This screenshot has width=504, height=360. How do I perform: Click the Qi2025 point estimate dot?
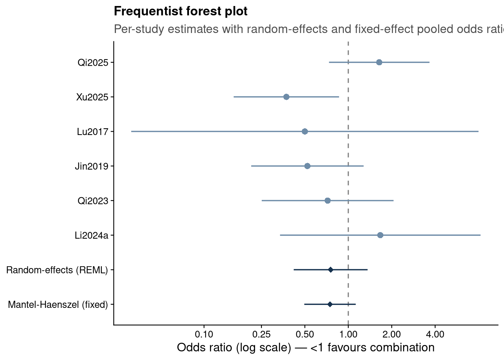[x=379, y=62]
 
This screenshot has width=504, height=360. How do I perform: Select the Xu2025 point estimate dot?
[x=286, y=97]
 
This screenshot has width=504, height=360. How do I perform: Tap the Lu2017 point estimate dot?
[x=304, y=131]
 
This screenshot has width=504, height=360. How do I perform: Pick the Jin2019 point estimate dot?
[x=307, y=166]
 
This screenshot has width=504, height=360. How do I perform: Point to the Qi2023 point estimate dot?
[x=328, y=201]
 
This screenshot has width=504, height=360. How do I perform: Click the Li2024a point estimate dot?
[x=380, y=235]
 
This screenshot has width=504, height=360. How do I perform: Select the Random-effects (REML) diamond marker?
[x=330, y=270]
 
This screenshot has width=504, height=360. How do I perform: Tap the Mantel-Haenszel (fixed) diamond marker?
[x=330, y=304]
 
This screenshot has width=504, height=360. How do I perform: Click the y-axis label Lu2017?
[x=93, y=132]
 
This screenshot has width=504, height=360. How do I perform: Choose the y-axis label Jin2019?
[x=91, y=166]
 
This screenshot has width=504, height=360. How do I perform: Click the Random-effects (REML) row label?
[x=57, y=270]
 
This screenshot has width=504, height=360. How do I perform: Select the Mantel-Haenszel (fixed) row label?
[x=58, y=304]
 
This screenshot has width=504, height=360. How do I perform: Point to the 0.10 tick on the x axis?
[x=204, y=334]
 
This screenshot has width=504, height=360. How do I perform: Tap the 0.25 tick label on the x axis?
[x=261, y=334]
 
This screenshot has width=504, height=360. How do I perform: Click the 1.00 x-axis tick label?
[x=348, y=334]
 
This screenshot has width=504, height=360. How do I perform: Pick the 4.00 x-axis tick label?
[x=435, y=334]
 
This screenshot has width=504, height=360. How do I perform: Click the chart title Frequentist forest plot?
[x=181, y=11]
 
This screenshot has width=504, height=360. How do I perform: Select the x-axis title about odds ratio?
[x=306, y=348]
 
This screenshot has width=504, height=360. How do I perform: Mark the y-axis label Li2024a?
[x=91, y=235]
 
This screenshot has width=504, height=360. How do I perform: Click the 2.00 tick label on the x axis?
[x=392, y=334]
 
